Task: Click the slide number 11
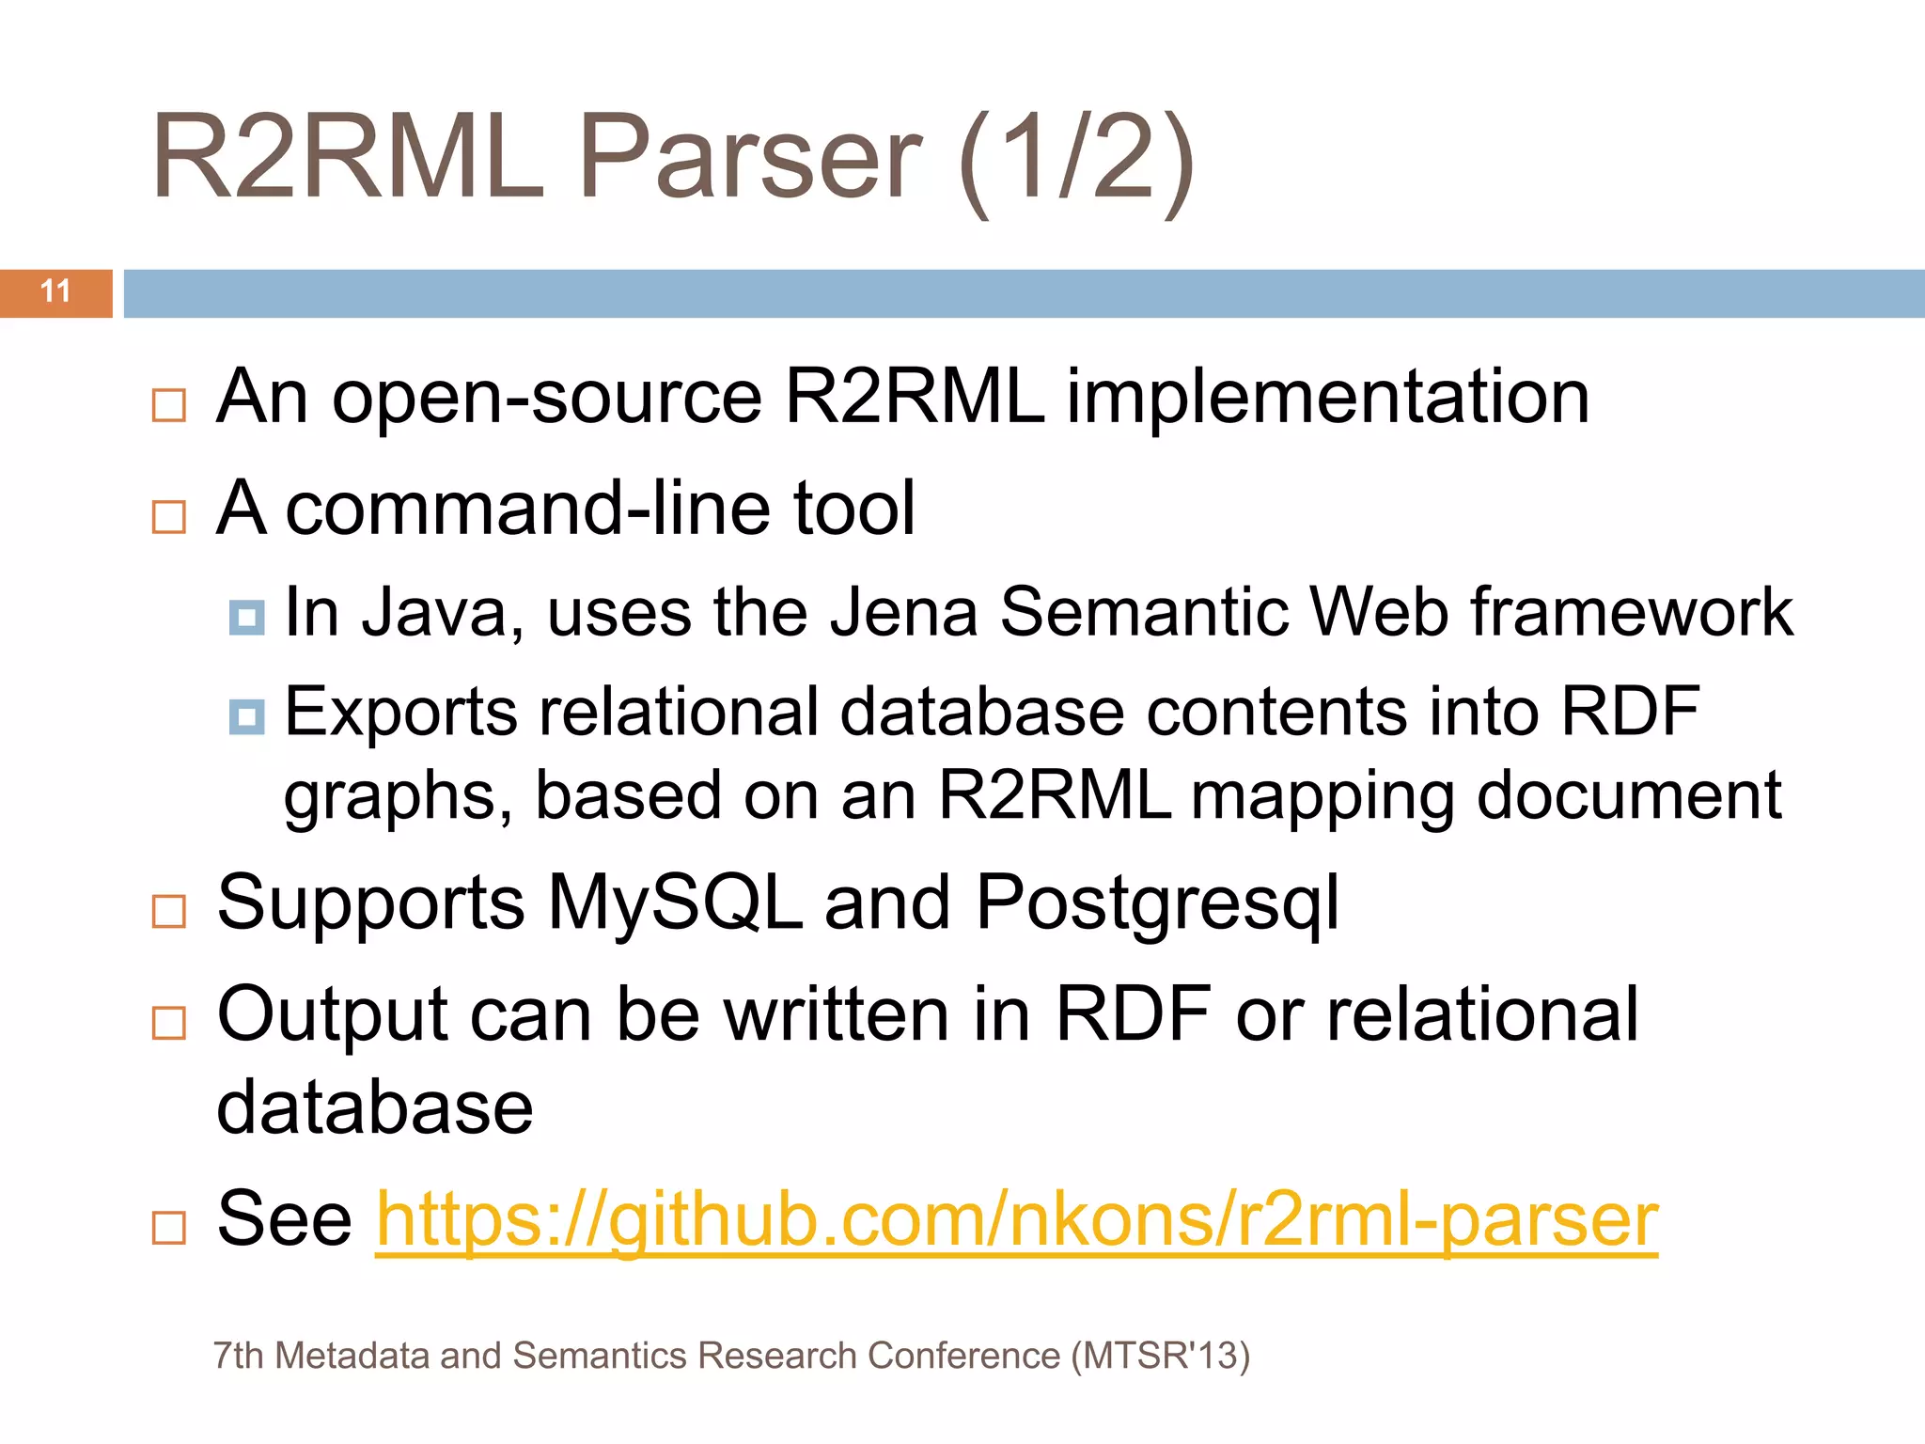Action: (x=55, y=291)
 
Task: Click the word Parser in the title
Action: (x=749, y=157)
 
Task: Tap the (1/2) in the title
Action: (x=1076, y=160)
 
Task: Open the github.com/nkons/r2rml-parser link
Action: (x=1016, y=1219)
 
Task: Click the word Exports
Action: (x=400, y=712)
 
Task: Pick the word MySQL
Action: (x=674, y=902)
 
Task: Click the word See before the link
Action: (x=284, y=1219)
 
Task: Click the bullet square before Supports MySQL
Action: (x=169, y=911)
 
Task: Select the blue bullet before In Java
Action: (x=246, y=618)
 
